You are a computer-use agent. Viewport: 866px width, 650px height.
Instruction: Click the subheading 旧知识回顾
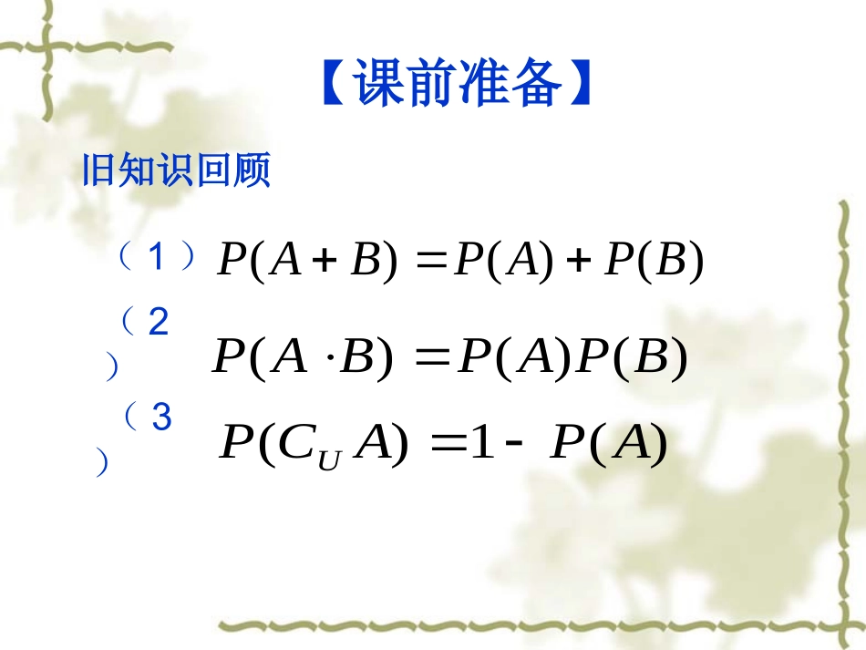tap(177, 170)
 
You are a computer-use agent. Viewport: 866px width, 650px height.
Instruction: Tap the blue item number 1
tap(156, 259)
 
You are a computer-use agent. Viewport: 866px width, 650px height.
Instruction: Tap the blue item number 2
tap(158, 323)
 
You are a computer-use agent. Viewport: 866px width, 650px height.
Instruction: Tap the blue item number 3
tap(161, 418)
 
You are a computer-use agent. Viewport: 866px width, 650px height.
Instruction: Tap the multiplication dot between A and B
tap(330, 358)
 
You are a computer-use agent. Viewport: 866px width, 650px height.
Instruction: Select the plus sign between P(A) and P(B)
tap(574, 263)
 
